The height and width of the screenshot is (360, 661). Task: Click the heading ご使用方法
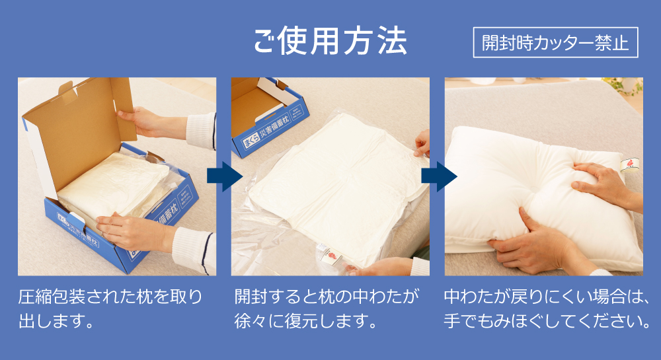pos(330,42)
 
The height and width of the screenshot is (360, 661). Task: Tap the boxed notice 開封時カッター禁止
pos(555,43)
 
